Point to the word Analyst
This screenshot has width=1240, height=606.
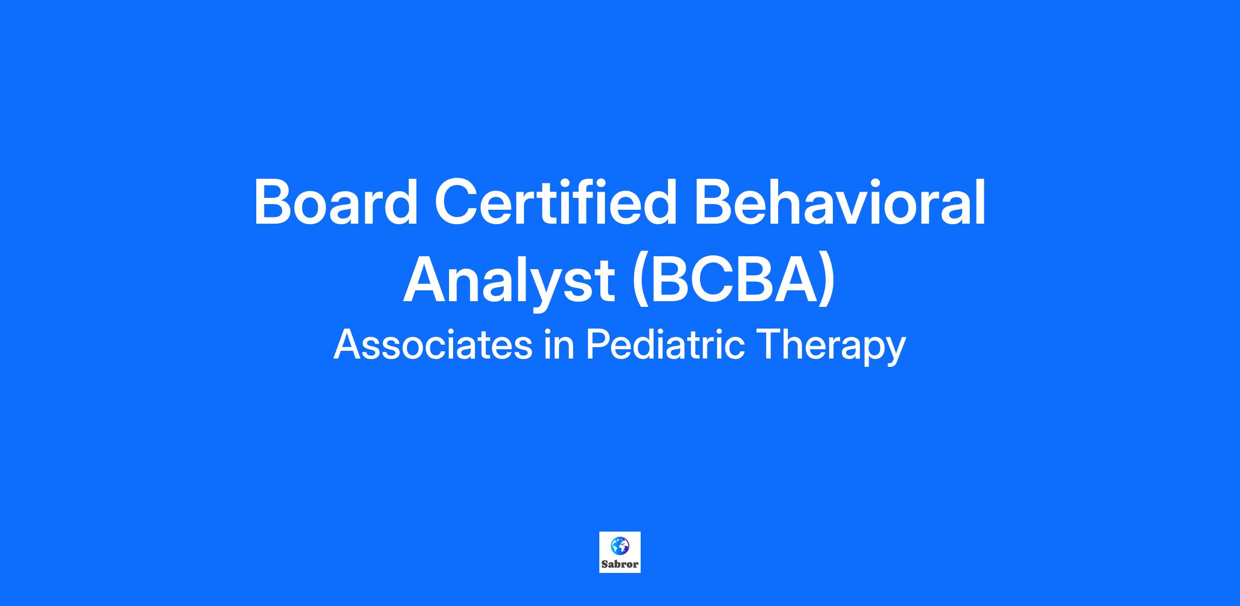[x=509, y=282]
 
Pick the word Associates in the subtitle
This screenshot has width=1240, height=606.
[x=433, y=345]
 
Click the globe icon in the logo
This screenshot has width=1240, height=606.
[x=619, y=545]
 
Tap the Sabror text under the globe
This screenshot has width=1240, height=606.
[x=620, y=564]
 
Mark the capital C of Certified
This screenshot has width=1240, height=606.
[x=456, y=202]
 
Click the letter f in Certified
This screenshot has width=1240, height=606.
[x=596, y=200]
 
